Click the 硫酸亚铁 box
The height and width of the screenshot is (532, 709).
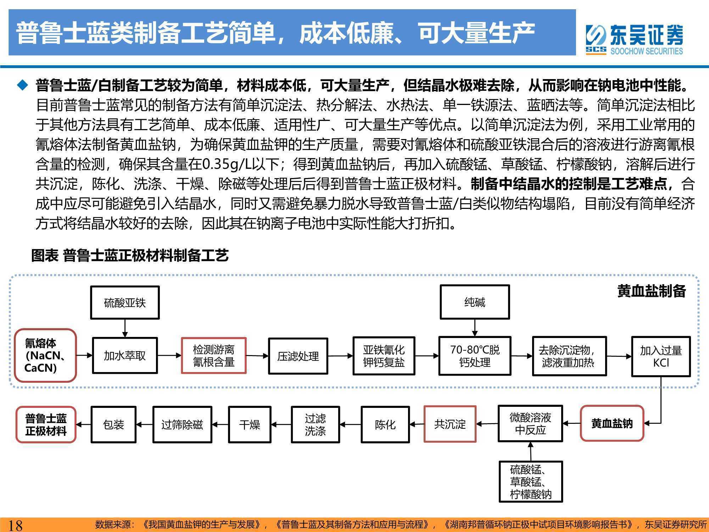[125, 303]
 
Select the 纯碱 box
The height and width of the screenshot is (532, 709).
[475, 302]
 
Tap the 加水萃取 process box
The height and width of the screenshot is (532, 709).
[125, 355]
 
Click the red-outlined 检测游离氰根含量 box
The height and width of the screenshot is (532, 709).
[214, 355]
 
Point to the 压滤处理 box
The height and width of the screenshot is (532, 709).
[298, 356]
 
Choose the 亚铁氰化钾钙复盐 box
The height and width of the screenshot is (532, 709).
[384, 356]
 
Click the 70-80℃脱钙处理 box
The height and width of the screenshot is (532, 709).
[475, 356]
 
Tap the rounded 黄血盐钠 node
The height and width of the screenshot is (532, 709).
[612, 423]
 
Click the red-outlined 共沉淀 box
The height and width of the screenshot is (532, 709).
[450, 424]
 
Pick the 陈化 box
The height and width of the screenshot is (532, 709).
[385, 424]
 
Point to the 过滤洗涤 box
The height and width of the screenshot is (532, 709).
[315, 424]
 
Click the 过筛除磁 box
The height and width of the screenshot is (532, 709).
[182, 424]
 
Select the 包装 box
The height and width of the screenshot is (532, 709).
[113, 424]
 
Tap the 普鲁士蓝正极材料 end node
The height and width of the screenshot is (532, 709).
[46, 425]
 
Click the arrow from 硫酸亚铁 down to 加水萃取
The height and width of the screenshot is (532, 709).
[125, 328]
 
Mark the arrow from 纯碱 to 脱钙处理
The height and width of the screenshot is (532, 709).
[475, 328]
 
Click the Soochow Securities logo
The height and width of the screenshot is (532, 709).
[634, 39]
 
